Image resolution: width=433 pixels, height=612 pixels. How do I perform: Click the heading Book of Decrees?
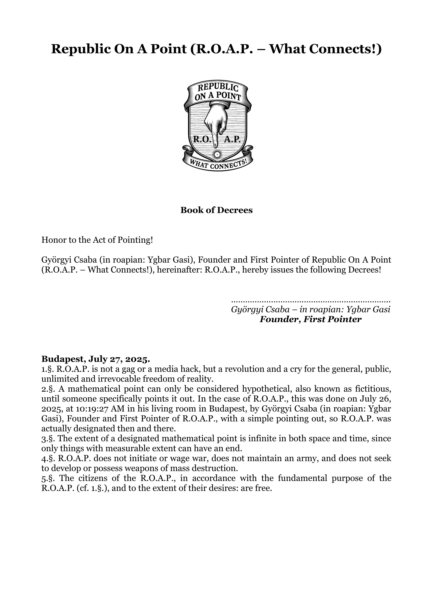tap(216, 210)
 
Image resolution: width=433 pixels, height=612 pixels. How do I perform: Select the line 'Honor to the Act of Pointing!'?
tap(97, 240)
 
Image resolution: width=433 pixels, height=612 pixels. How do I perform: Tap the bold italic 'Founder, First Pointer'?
tap(311, 319)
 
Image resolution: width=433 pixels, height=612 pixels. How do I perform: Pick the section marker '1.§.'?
tap(48, 369)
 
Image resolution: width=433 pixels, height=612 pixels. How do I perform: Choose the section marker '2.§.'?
tap(48, 389)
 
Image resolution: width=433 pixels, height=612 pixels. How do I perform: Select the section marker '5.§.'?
tap(48, 478)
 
